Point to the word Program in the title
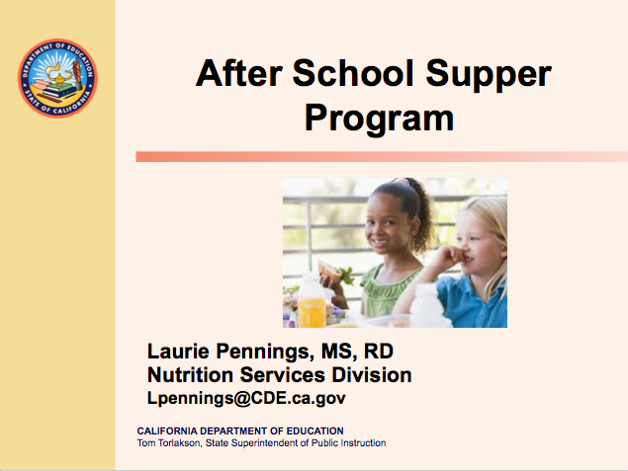[379, 118]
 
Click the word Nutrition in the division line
[189, 375]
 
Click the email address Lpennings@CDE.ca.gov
[246, 398]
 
